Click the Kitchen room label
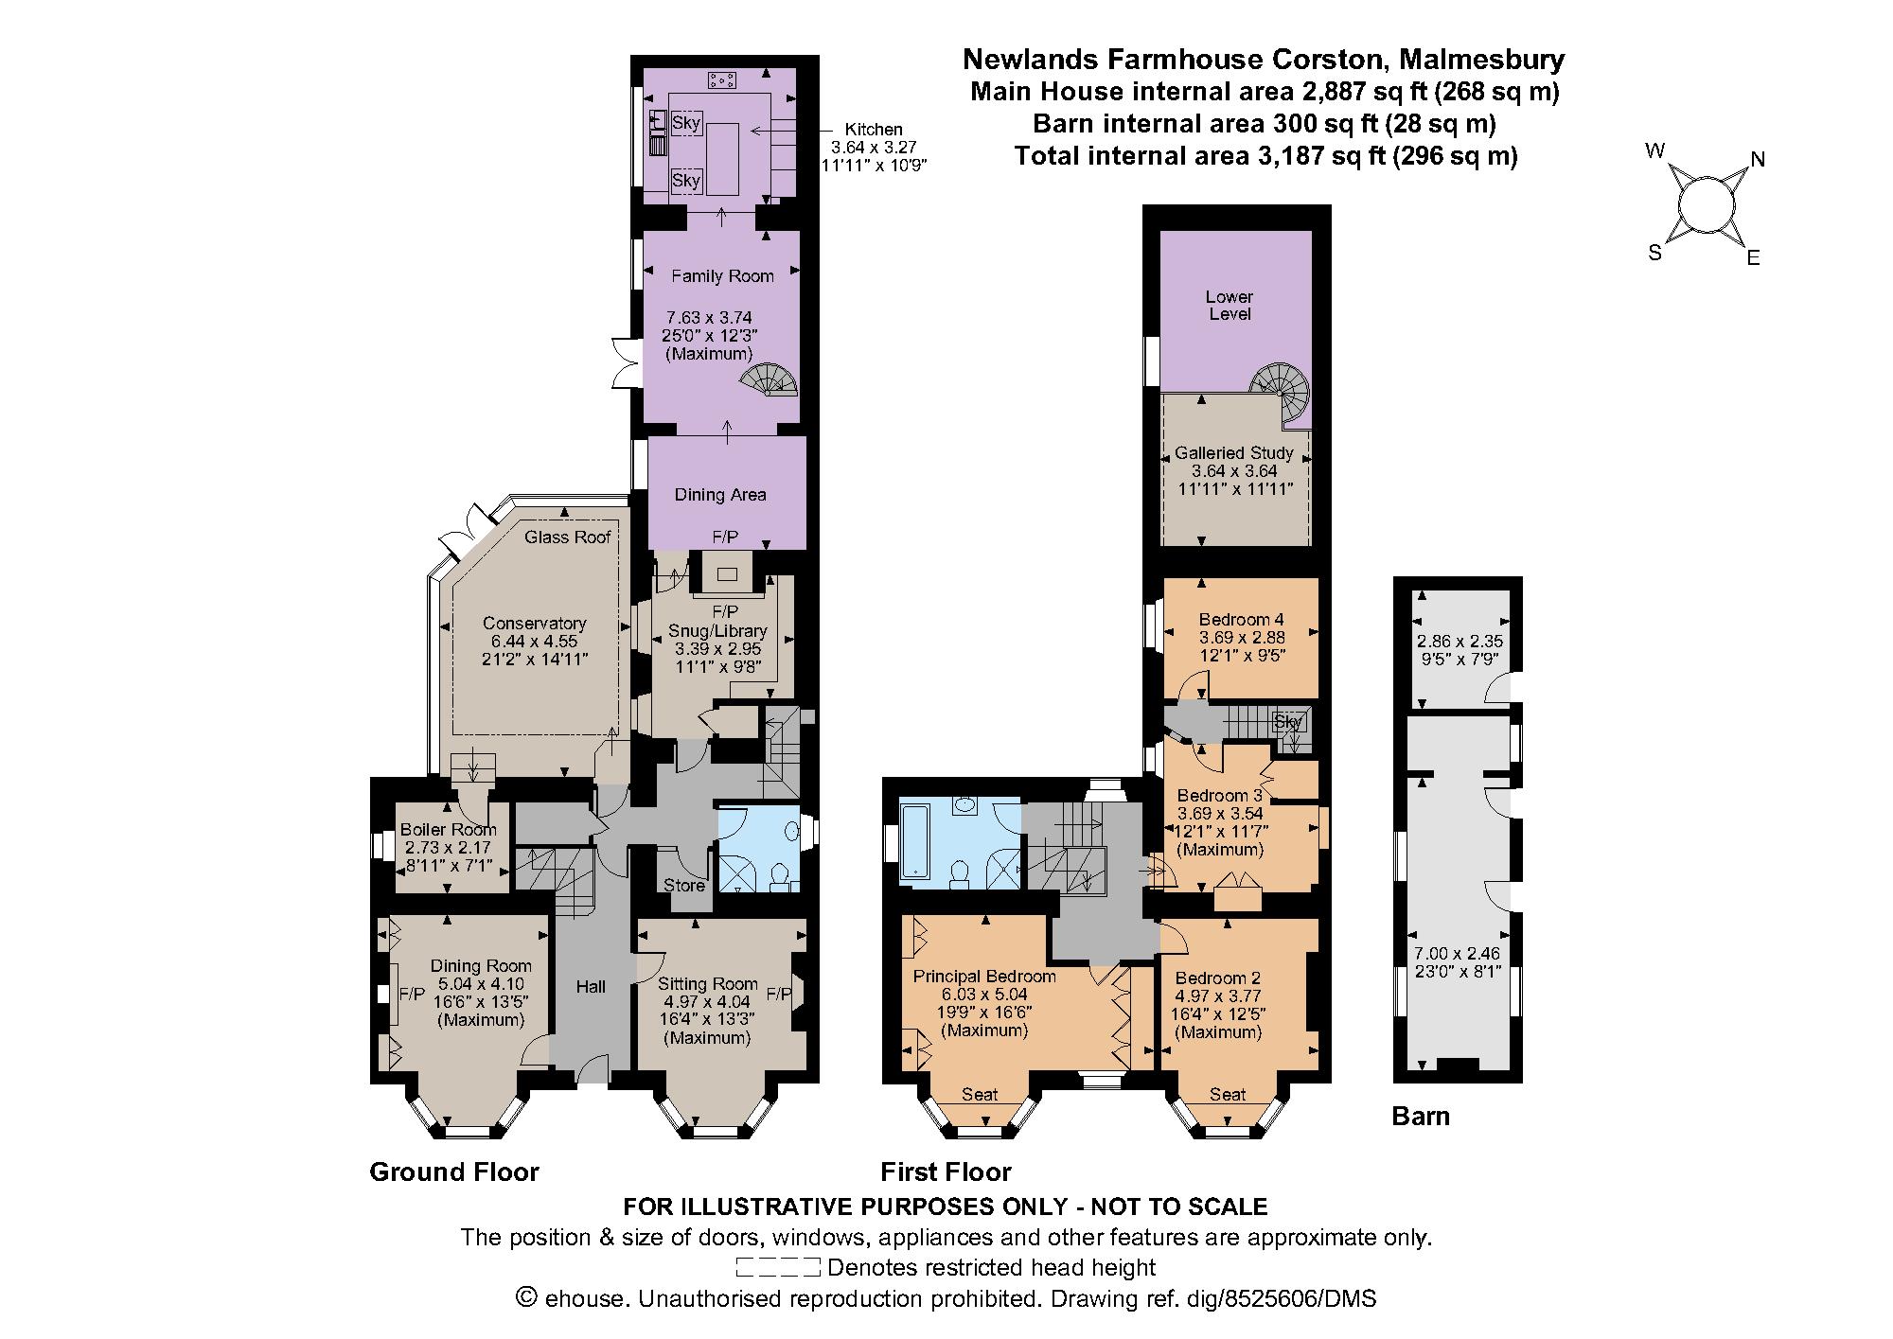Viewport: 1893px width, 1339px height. tap(873, 130)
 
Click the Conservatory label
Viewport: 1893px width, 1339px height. tap(534, 623)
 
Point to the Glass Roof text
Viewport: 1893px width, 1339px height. tap(568, 537)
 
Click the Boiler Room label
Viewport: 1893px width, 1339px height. tap(448, 830)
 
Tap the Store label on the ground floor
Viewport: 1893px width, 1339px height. tap(683, 886)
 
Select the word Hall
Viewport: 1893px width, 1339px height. tap(591, 987)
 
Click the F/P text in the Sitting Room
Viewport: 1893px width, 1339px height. tap(777, 995)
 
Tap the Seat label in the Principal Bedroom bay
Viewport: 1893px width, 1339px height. tap(980, 1095)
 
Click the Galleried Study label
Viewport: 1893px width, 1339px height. tap(1233, 453)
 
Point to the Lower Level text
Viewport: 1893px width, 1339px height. tap(1230, 306)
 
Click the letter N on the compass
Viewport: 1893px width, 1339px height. tap(1758, 159)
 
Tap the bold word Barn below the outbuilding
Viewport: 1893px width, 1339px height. tap(1420, 1117)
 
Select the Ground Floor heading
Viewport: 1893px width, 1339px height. tap(453, 1172)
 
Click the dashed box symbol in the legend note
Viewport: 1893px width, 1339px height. tap(777, 1267)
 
